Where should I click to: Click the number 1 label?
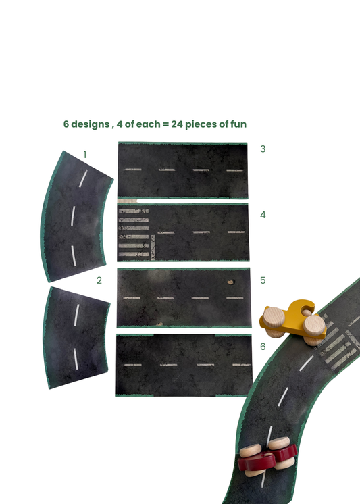tap(85, 155)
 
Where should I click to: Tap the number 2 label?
tap(99, 280)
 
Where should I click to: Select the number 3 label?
tap(263, 149)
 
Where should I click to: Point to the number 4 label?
tap(263, 215)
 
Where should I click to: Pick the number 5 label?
tap(263, 280)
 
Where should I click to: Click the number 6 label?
tap(263, 346)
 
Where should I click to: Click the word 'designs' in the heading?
tap(90, 124)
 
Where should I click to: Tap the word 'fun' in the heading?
tap(237, 124)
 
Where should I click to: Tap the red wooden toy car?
tap(267, 457)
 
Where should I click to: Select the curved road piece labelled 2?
tap(76, 336)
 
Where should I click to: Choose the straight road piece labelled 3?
tap(182, 170)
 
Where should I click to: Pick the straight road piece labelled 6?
tap(182, 365)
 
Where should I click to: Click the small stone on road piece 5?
tap(230, 283)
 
